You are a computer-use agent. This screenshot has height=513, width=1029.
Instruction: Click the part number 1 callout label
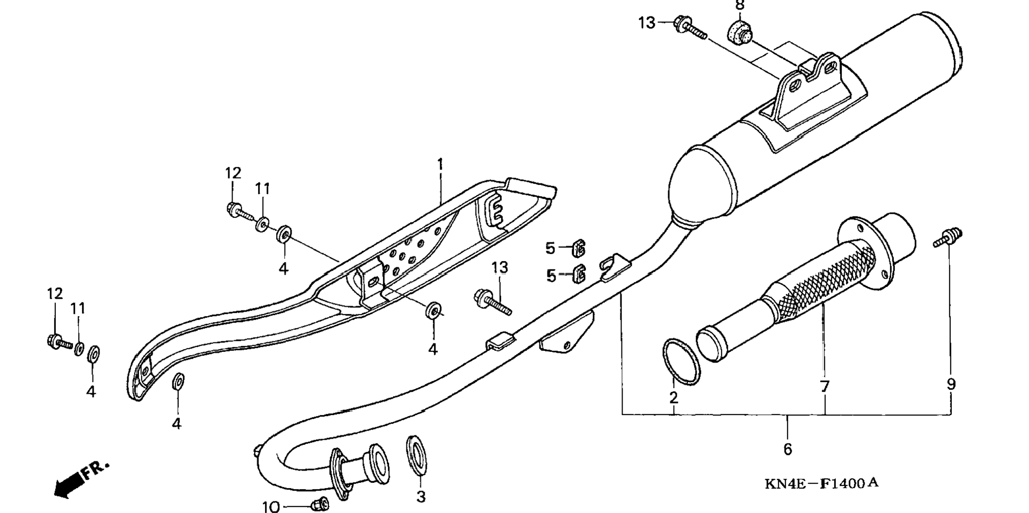tap(440, 164)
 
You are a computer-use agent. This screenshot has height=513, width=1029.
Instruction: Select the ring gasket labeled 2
tap(682, 361)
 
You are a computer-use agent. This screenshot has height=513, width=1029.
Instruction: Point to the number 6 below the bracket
tap(787, 449)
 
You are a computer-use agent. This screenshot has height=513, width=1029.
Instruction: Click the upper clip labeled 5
tap(579, 248)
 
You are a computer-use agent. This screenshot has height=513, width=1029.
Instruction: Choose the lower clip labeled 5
tap(579, 274)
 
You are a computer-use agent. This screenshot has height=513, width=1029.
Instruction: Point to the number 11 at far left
tap(78, 309)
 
